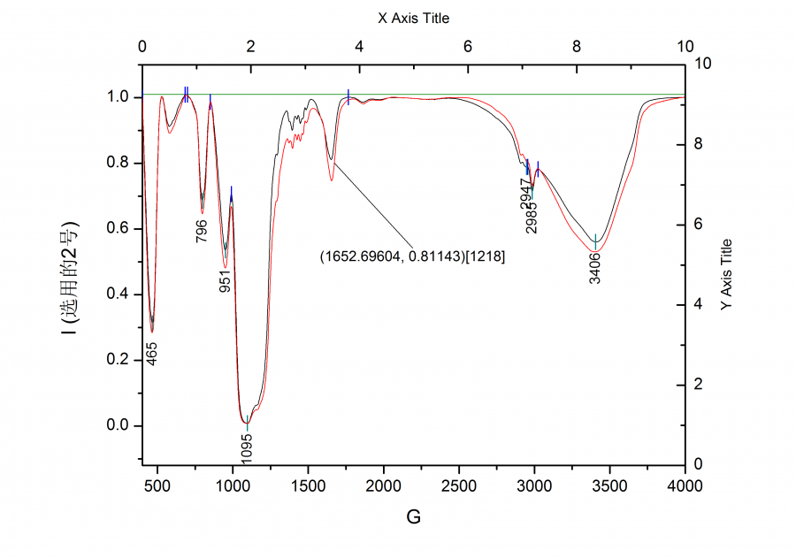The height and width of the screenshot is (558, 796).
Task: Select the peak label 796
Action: click(x=203, y=230)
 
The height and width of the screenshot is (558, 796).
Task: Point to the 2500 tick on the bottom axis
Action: click(x=458, y=485)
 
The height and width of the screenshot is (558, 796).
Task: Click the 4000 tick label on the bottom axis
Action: click(x=684, y=485)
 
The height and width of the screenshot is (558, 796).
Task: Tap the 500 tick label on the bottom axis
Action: click(x=157, y=485)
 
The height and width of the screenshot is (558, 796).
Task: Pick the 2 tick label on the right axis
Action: click(x=700, y=385)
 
